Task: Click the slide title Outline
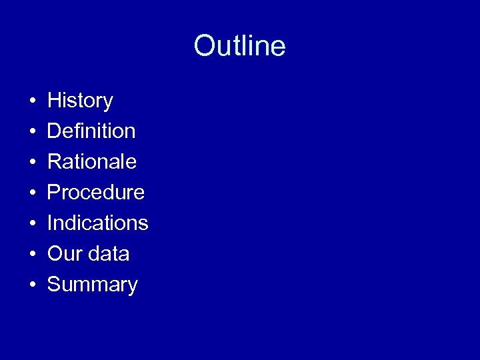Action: [239, 46]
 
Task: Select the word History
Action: [80, 101]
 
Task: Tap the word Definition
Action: [91, 131]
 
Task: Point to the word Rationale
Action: [92, 162]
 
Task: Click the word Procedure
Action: [96, 193]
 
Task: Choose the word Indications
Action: [98, 223]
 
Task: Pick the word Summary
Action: [93, 285]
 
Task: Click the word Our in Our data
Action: [62, 254]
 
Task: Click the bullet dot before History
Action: [32, 102]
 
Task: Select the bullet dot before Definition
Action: [32, 133]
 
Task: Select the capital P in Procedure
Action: [54, 193]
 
